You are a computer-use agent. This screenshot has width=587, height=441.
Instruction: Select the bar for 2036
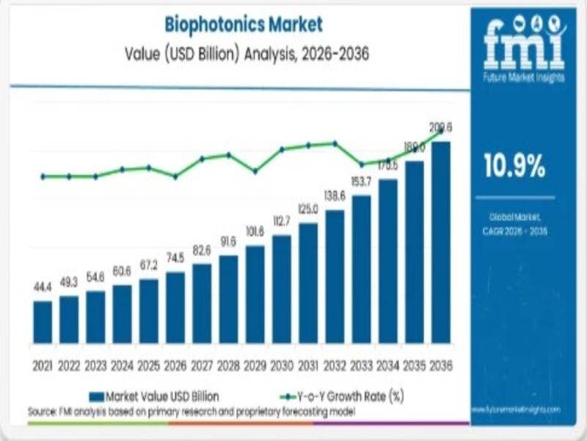pos(440,243)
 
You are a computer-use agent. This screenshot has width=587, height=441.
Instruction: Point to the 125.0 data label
pos(308,209)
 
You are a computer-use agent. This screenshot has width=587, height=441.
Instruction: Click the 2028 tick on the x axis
pos(228,365)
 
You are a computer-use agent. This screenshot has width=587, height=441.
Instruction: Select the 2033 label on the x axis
pos(361,365)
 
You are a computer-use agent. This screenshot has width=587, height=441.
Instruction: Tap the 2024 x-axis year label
pos(122,365)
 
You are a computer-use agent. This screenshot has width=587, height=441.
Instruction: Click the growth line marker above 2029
pos(255,171)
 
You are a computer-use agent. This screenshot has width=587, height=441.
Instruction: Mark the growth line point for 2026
pos(175,176)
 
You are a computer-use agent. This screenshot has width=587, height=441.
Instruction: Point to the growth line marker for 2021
pos(43,176)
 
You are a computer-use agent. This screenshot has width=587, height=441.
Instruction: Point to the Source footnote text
pos(191,412)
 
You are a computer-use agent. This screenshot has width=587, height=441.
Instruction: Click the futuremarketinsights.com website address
pos(522,409)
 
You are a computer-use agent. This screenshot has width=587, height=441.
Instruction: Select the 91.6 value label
pos(228,240)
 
